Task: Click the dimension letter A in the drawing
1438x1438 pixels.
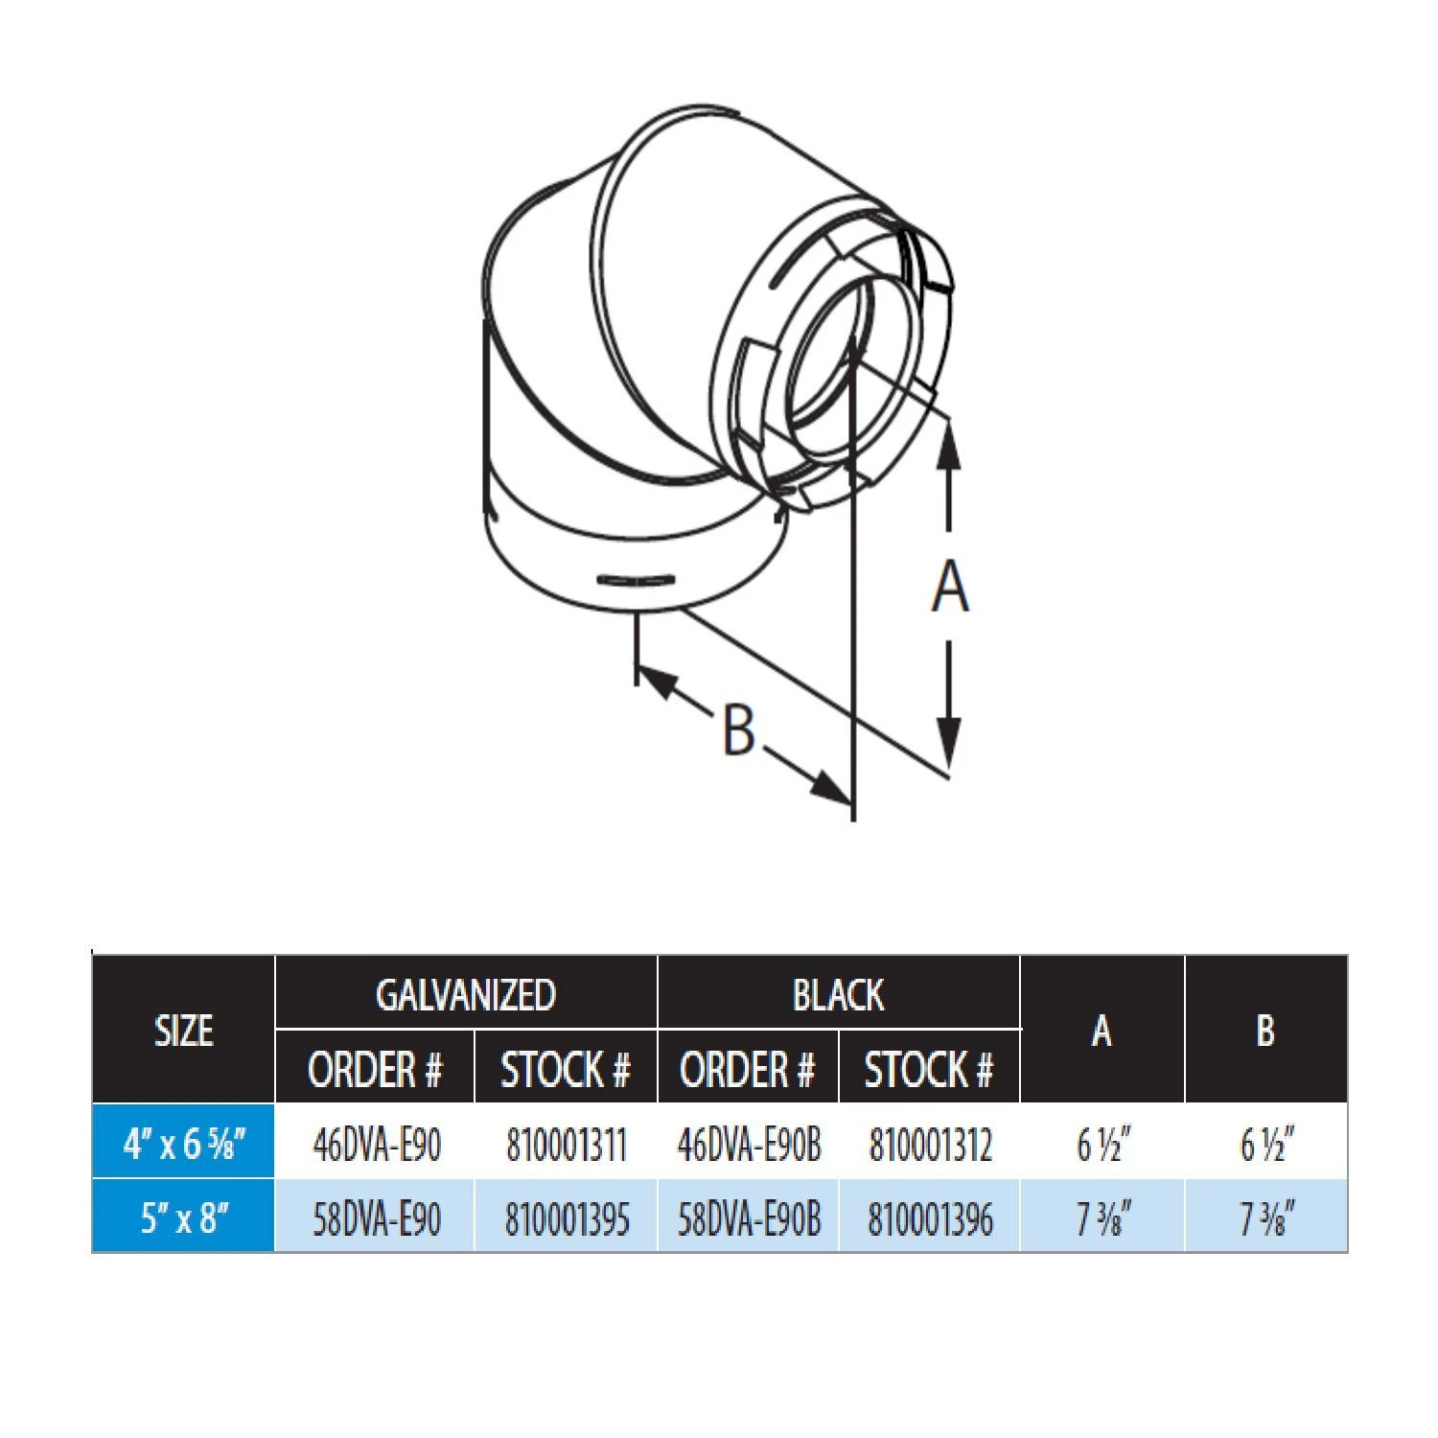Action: [949, 587]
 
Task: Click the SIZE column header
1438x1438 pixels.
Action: [183, 1031]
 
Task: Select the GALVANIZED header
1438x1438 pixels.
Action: [466, 994]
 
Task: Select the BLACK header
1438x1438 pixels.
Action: [838, 994]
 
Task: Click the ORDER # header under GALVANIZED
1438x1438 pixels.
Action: [375, 1069]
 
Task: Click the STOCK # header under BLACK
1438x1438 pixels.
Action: [928, 1069]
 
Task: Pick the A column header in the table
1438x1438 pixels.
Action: [1102, 1031]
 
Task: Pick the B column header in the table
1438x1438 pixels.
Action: [1265, 1031]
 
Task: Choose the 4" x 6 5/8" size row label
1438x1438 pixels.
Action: [184, 1144]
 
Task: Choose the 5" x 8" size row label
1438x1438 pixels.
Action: [184, 1218]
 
